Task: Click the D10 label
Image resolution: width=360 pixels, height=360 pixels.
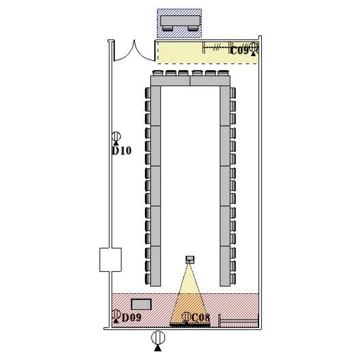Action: [x=122, y=151]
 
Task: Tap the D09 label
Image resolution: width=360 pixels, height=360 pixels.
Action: [x=132, y=318]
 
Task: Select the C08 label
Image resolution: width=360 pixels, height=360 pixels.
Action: [x=201, y=318]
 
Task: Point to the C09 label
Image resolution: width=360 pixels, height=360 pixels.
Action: [x=239, y=50]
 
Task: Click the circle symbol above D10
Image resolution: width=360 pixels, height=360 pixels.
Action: [x=116, y=136]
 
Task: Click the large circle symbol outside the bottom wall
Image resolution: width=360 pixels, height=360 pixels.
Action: [x=158, y=337]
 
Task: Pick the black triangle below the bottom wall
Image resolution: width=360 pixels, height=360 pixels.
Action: [x=158, y=348]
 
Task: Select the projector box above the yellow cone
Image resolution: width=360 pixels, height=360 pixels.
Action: [x=190, y=260]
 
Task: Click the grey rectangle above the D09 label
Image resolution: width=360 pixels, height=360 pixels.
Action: [x=141, y=304]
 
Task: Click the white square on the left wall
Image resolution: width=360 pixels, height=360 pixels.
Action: [x=110, y=260]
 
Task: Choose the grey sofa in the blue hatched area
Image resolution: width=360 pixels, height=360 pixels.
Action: [x=180, y=23]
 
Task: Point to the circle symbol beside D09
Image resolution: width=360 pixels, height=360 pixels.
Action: [x=116, y=314]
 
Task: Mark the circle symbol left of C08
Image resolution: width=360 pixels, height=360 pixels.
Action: [x=186, y=317]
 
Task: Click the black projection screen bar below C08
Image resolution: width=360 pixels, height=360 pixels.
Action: [x=190, y=324]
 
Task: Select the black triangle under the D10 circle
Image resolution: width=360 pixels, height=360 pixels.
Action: [x=116, y=143]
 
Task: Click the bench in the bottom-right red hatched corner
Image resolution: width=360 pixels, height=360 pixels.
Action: [x=239, y=321]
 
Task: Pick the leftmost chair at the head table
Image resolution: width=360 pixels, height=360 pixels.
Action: [x=158, y=73]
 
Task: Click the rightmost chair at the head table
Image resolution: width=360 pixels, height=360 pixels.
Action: [x=222, y=73]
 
